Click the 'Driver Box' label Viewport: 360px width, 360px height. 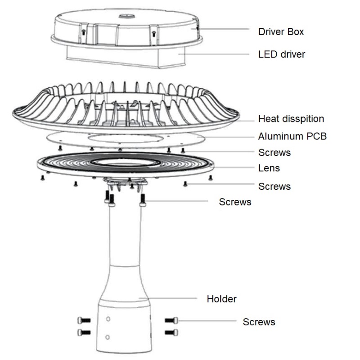pos(281,31)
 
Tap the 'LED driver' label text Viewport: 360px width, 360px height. pos(282,54)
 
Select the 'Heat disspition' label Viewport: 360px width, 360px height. pos(291,119)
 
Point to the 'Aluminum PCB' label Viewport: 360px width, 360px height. pos(292,136)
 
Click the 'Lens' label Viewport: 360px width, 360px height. pos(269,168)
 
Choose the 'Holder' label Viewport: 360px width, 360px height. pos(221,299)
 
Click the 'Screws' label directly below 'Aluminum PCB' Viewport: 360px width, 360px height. pos(274,153)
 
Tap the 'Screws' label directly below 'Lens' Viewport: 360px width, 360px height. pos(274,186)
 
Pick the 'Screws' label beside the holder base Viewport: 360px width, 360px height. pos(259,322)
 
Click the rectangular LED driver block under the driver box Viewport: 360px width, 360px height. pos(126,57)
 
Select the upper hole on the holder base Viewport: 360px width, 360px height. pos(108,319)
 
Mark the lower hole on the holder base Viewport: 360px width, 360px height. pos(107,337)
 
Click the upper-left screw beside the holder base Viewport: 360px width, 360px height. pos(84,320)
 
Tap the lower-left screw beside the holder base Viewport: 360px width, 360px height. pos(84,332)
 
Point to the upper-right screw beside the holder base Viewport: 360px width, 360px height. pos(171,320)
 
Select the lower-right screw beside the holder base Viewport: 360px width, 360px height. pos(171,332)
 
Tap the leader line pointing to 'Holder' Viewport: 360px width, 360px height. pos(168,298)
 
